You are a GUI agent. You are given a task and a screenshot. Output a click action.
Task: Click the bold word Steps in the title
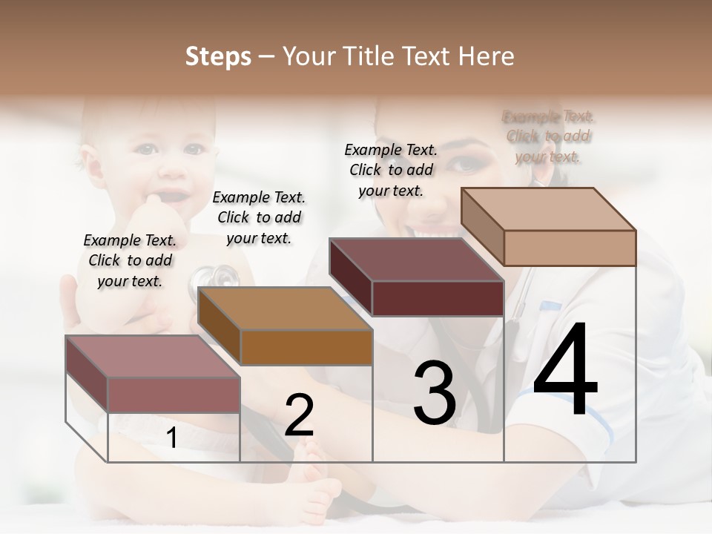point(218,56)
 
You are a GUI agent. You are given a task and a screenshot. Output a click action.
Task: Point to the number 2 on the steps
point(299,415)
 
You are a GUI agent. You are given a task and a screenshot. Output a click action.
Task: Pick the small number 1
point(172,438)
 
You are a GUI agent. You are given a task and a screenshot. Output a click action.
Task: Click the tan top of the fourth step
point(547,208)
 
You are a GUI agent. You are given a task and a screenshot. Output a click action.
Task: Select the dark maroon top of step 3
point(415,260)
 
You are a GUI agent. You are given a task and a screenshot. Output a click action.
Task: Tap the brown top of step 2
point(284,309)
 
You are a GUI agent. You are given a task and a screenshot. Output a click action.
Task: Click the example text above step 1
point(130,260)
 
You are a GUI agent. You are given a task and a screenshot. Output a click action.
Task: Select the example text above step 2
point(259,217)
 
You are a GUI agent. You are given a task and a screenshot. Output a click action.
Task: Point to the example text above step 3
point(391,170)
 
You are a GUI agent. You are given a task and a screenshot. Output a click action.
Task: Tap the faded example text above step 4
point(548,136)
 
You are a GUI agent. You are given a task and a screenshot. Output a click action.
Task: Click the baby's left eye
point(194,148)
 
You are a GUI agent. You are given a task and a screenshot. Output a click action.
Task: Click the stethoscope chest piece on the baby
point(220,277)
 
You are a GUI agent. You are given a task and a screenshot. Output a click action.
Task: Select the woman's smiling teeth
point(430,231)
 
